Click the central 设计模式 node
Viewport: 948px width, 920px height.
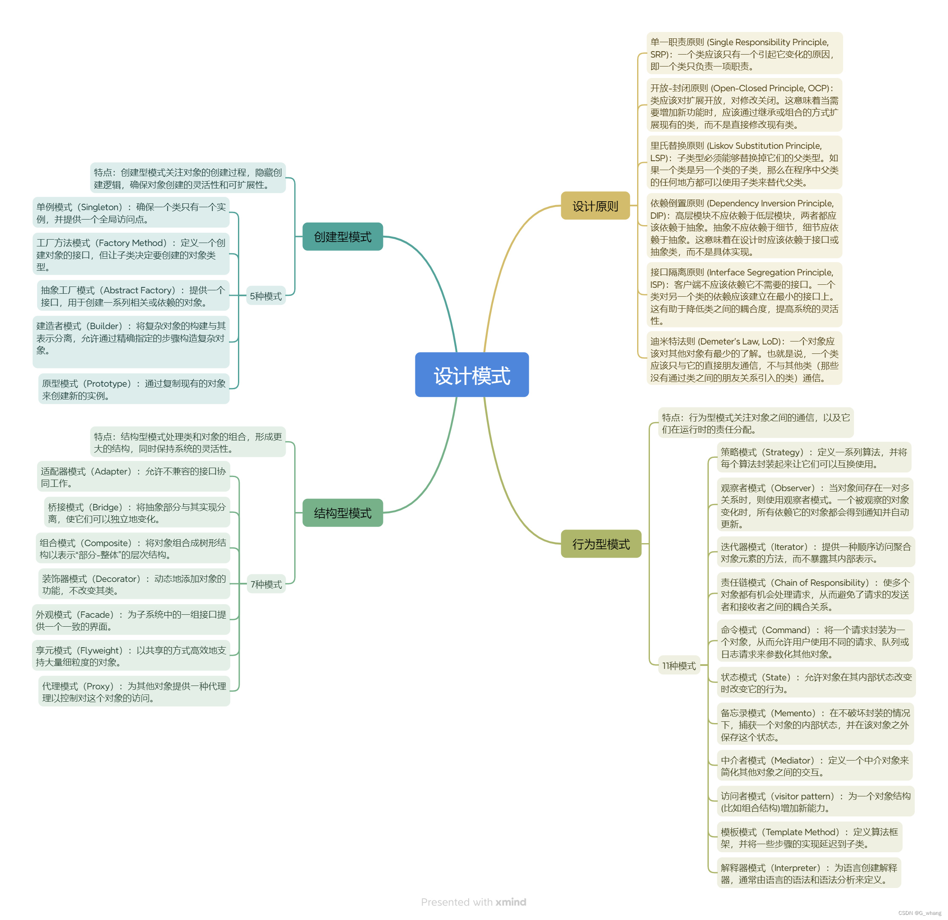point(472,375)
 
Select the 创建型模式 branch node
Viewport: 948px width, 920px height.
point(342,237)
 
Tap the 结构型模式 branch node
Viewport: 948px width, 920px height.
point(342,513)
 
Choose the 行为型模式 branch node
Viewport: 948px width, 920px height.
point(601,544)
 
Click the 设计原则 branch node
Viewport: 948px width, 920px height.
point(595,206)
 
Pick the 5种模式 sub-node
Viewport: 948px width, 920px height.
point(266,296)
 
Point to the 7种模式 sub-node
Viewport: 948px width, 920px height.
point(266,584)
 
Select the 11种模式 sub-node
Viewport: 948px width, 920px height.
point(678,666)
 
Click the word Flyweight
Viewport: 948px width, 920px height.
point(100,650)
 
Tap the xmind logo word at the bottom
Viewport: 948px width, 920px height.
point(511,902)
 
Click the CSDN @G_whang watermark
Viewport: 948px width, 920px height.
point(919,913)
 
